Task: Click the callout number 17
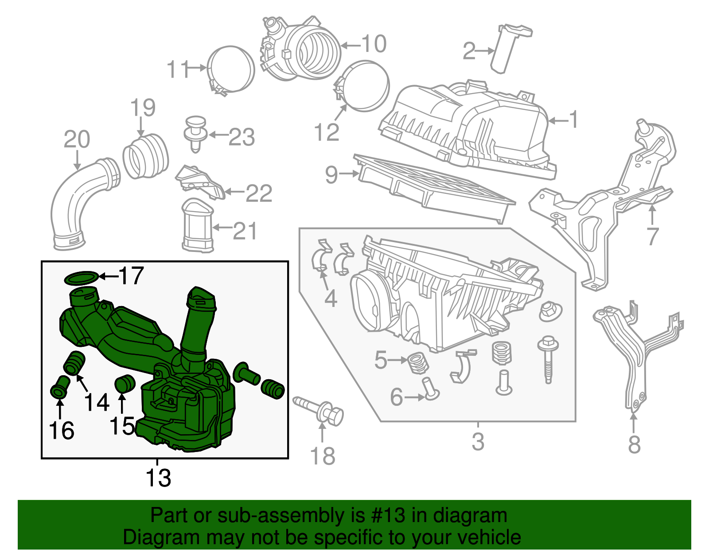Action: (131, 276)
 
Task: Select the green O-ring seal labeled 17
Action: (81, 279)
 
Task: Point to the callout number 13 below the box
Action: (158, 478)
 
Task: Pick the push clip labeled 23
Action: (195, 132)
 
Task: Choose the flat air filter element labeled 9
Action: (434, 189)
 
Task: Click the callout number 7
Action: (652, 236)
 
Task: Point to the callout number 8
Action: (634, 444)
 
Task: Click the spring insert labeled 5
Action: (417, 362)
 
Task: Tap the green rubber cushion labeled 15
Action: (125, 384)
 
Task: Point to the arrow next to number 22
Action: (234, 193)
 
